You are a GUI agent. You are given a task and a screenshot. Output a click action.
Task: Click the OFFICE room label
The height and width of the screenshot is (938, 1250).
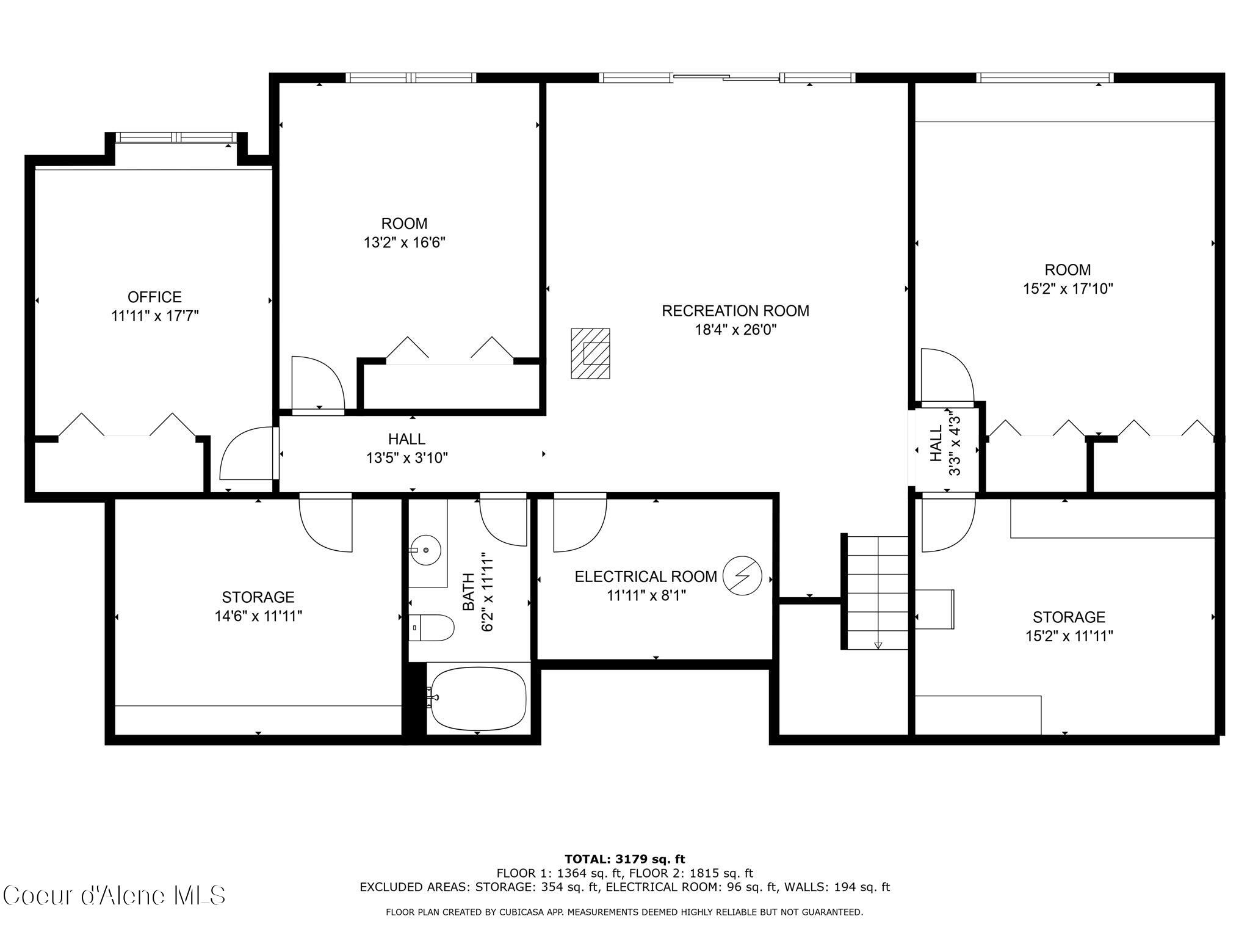coord(154,297)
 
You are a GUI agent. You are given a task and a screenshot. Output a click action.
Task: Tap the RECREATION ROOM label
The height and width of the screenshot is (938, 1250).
coord(735,311)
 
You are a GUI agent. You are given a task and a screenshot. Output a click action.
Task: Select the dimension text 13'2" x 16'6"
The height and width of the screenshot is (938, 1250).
coord(404,243)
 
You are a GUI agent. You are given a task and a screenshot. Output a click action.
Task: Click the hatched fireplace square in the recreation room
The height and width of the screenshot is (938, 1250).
coord(590,354)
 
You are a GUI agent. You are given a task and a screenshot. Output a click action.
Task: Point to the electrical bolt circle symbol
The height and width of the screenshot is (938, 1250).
coord(742,575)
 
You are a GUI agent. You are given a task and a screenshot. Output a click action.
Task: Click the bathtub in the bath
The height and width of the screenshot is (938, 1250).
coord(478,698)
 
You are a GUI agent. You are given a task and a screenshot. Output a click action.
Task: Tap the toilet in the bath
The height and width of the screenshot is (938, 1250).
coord(432,627)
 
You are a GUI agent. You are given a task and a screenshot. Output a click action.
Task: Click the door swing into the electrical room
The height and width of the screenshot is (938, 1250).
coord(579,522)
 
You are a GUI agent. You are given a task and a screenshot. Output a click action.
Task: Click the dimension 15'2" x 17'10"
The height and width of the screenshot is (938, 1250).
coord(1068,289)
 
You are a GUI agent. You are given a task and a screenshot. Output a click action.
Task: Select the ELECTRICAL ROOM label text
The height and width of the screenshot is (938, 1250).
coord(646,576)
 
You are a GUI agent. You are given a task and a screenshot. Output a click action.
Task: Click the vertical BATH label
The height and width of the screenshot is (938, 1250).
coord(468,591)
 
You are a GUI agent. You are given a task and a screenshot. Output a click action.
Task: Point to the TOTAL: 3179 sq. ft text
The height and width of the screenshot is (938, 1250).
coord(624,859)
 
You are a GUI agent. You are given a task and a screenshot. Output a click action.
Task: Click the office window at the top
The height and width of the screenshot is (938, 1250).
coord(176,137)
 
